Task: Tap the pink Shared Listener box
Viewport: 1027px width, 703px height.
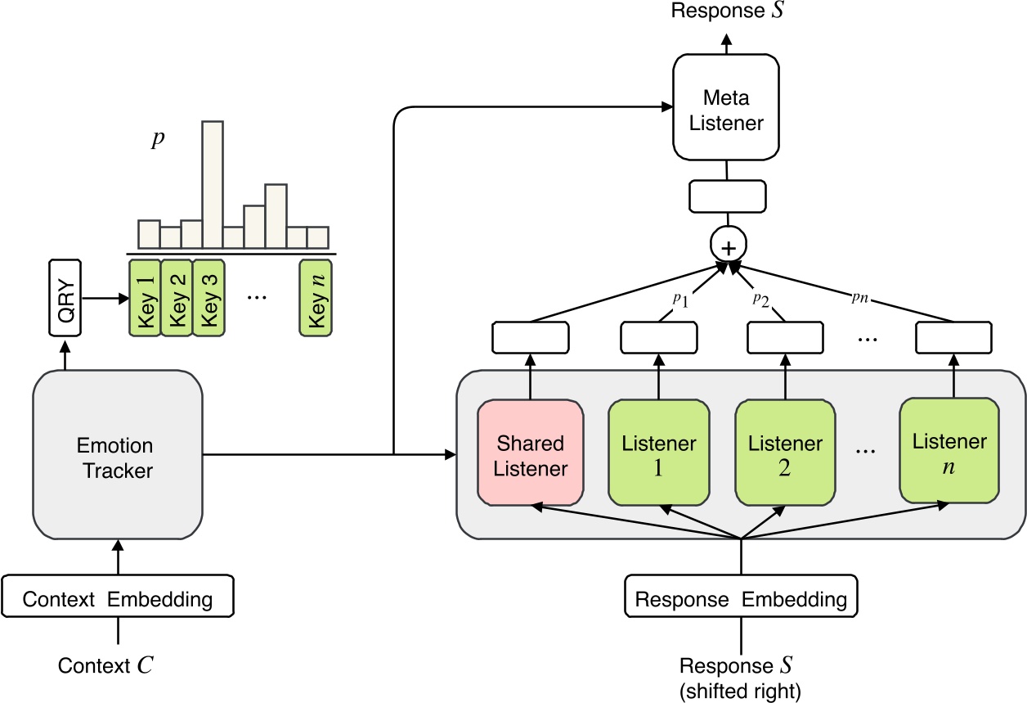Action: pyautogui.click(x=531, y=455)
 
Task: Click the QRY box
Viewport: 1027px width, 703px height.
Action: pyautogui.click(x=65, y=298)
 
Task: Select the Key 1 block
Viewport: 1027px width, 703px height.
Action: pyautogui.click(x=146, y=297)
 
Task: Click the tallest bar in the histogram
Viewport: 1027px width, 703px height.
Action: pyautogui.click(x=213, y=185)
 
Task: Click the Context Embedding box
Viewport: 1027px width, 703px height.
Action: pyautogui.click(x=118, y=598)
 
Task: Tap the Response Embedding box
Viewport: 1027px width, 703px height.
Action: pyautogui.click(x=741, y=598)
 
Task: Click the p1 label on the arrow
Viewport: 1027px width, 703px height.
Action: pyautogui.click(x=680, y=300)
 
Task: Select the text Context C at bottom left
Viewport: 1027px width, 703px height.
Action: pyautogui.click(x=105, y=665)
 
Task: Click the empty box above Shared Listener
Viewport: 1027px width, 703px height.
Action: pyautogui.click(x=531, y=337)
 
